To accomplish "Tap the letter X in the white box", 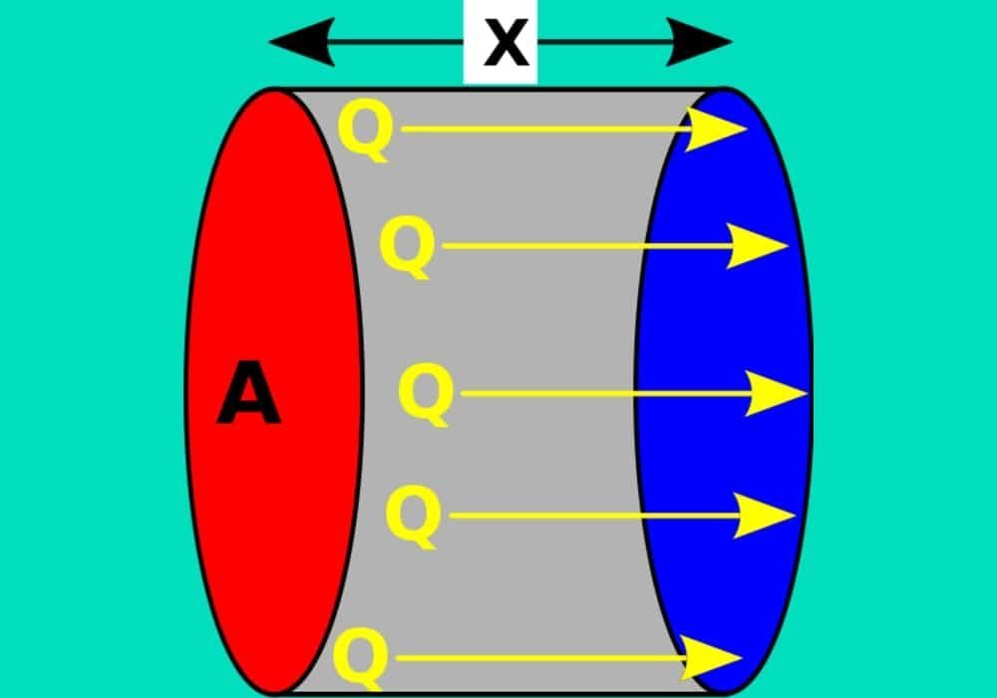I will point(500,44).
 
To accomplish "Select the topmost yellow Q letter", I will point(365,132).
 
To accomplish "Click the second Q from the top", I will point(407,247).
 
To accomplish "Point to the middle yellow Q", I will point(425,394).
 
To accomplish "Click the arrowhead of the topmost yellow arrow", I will point(720,130).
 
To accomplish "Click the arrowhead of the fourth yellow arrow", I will point(768,516).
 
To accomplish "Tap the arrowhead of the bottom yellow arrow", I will point(715,658).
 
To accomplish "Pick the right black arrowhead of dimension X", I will point(705,43).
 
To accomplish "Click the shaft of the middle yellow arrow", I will point(598,394).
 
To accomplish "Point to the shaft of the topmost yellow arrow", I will point(548,130).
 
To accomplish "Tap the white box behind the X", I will point(474,70).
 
